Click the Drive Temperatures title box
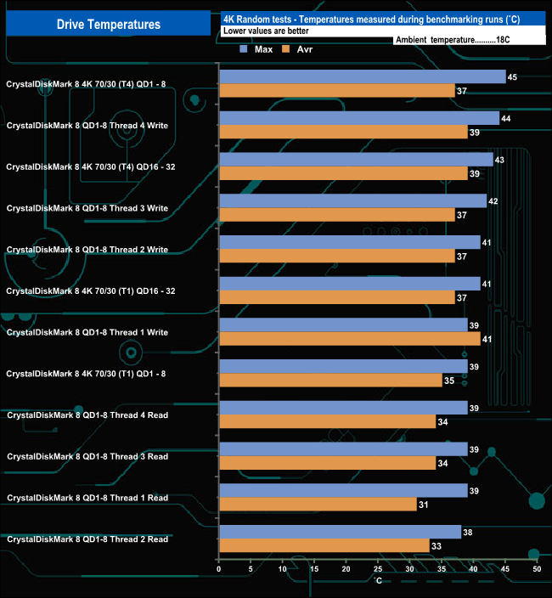108,24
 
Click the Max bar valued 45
362,77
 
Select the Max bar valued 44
359,118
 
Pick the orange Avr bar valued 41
349,339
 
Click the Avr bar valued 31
318,504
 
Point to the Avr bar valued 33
324,545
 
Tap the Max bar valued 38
340,532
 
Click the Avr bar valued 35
330,380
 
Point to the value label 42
493,201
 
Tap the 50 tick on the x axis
536,569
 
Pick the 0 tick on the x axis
219,569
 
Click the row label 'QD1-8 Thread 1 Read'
87,498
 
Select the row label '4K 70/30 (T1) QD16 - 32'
90,291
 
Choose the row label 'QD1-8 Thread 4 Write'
87,126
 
